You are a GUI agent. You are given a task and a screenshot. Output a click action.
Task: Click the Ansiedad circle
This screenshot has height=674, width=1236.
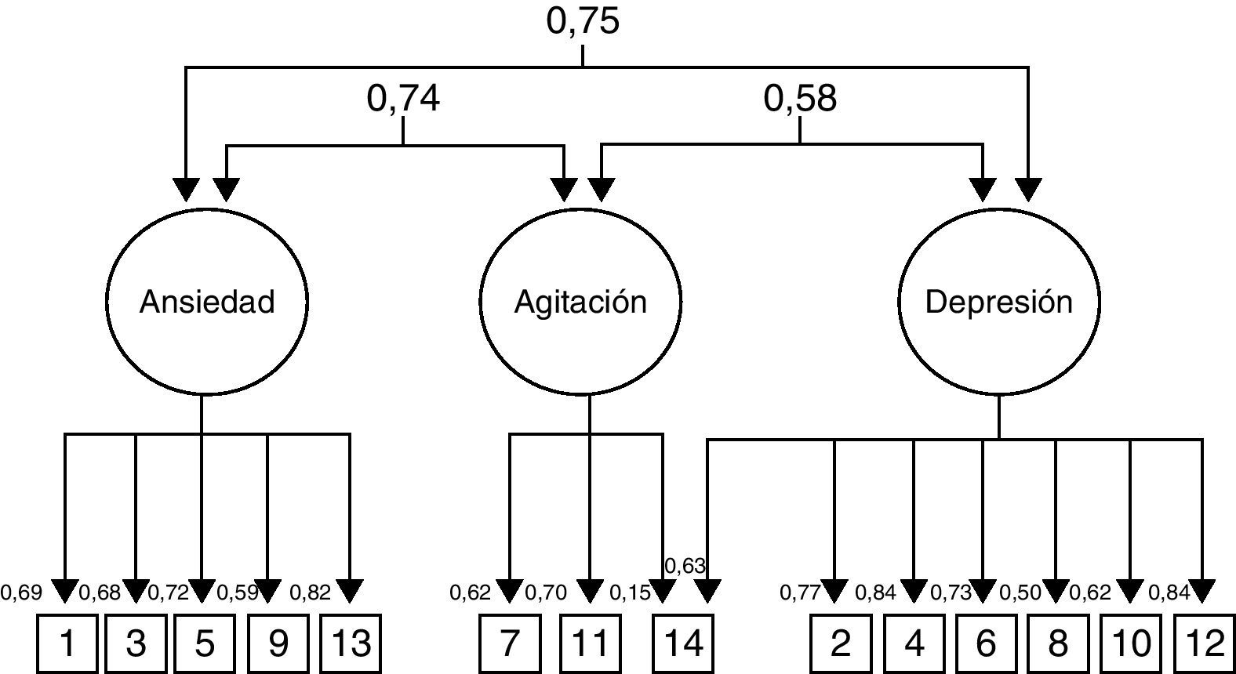207,302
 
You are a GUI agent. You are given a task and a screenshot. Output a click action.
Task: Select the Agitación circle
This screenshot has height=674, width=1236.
580,302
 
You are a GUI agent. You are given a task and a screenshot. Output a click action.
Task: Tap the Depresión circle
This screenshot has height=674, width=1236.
998,302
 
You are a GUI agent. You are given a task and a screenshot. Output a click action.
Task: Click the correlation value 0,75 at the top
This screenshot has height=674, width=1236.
583,21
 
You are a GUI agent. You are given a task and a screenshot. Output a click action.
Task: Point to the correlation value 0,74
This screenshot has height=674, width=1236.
403,99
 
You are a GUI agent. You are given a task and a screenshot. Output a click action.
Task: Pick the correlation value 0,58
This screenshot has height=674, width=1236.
800,99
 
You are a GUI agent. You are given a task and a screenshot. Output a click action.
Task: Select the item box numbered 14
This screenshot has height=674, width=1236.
683,643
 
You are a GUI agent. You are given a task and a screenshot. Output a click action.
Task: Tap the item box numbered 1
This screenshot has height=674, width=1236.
67,643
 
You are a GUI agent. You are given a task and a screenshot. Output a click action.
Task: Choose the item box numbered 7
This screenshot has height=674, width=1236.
510,643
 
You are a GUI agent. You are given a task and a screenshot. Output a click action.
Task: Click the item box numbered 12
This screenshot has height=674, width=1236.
1205,643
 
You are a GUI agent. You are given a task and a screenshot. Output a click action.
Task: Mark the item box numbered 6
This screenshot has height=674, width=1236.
985,643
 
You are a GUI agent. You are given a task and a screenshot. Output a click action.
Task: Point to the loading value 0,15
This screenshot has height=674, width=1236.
630,592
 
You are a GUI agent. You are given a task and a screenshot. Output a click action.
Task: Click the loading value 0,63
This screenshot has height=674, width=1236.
685,566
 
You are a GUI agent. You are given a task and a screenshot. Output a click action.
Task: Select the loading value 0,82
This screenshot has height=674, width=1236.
310,592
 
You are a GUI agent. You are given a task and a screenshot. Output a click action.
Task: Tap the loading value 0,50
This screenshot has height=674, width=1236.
1020,592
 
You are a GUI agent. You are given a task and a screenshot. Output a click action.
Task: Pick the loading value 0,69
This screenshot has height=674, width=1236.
21,592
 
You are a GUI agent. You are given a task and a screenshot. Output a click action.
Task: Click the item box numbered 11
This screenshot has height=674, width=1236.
589,643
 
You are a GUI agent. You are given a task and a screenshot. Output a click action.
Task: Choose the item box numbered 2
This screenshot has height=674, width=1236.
840,643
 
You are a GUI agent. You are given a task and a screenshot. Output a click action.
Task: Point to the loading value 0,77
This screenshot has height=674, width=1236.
800,592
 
